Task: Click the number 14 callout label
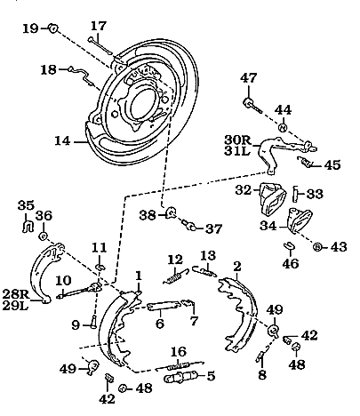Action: (x=62, y=140)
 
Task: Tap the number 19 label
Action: (x=29, y=28)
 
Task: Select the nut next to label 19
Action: (x=53, y=28)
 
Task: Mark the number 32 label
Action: (x=243, y=189)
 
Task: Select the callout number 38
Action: (x=148, y=214)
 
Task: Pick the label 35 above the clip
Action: (x=27, y=205)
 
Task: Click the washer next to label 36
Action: (x=44, y=238)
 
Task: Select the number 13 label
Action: (x=206, y=257)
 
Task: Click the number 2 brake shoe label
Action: (x=236, y=266)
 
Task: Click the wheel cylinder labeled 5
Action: (x=182, y=377)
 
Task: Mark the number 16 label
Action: (x=177, y=351)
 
